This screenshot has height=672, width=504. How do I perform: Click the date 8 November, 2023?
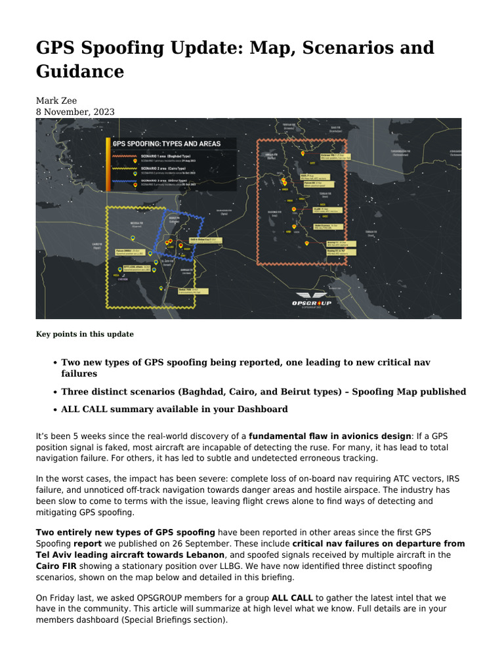click(x=75, y=112)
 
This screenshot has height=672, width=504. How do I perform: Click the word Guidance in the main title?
click(x=79, y=71)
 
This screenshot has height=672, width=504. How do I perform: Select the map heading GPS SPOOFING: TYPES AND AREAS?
click(x=166, y=143)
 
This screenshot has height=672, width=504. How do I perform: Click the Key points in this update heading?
click(x=84, y=334)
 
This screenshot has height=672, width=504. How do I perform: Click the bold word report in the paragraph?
click(x=87, y=544)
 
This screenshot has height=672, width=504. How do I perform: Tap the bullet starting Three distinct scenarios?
click(x=263, y=392)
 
